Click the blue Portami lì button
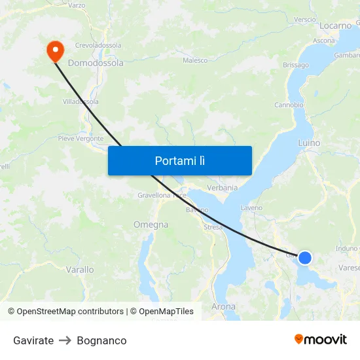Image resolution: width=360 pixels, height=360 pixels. click(x=179, y=160)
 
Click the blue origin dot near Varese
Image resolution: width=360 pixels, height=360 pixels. click(x=304, y=258)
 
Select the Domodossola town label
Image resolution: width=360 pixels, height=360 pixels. click(x=96, y=63)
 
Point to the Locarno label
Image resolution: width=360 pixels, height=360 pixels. click(x=336, y=26)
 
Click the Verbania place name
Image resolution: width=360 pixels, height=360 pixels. click(x=222, y=187)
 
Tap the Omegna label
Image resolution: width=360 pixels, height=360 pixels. click(x=151, y=225)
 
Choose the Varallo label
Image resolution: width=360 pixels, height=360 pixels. click(x=80, y=269)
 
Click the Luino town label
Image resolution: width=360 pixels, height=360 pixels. click(x=309, y=142)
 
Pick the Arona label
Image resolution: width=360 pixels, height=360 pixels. click(x=224, y=306)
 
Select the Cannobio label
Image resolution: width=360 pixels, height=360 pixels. click(x=289, y=105)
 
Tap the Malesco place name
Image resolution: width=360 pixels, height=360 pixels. click(x=195, y=60)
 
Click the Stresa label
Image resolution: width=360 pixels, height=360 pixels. click(x=213, y=227)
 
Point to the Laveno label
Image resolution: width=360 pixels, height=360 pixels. click(x=251, y=207)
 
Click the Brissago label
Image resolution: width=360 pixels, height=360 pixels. click(x=296, y=65)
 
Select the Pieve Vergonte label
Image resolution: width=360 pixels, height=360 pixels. click(x=81, y=138)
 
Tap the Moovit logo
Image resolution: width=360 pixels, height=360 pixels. click(x=321, y=339)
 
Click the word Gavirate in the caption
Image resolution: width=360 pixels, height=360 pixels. click(x=33, y=340)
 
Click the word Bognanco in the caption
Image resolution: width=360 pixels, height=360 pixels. click(x=101, y=340)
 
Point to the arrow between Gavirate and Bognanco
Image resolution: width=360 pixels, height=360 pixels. click(x=65, y=340)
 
